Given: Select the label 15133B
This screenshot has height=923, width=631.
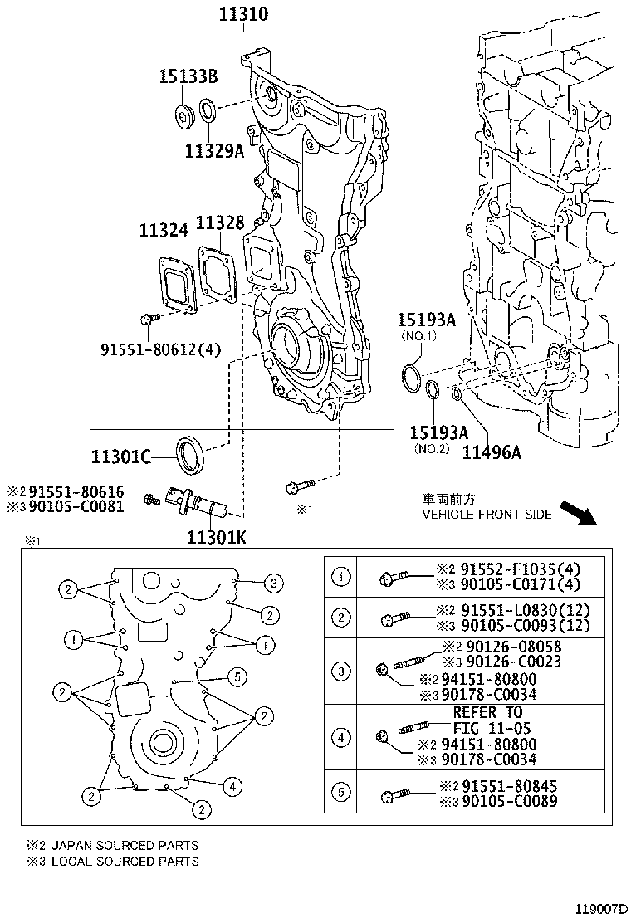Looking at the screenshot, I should coord(188,77).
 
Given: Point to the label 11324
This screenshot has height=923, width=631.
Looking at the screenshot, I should coord(163,230).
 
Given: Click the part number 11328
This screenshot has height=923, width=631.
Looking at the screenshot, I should coord(220,222).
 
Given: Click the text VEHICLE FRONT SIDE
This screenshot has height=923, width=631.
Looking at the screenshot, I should coord(487,515).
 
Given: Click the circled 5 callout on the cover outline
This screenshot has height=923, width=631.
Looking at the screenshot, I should coord(237,677).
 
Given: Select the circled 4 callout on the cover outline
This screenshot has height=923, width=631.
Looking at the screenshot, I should coord(234,786).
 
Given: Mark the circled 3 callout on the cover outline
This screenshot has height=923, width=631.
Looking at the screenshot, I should coord(275,584).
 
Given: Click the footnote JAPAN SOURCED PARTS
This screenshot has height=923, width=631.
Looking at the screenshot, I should coord(125,845).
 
